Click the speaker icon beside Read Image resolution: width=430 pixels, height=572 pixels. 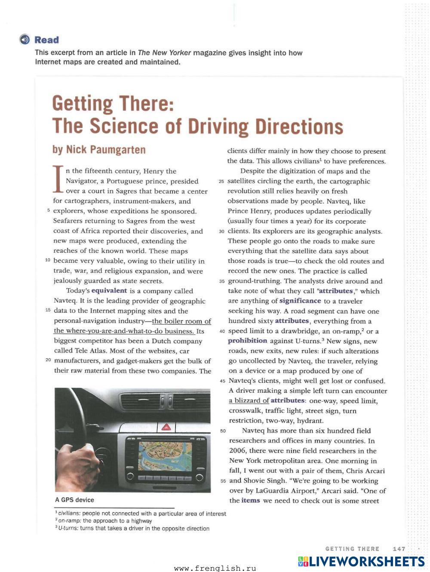click(x=25, y=40)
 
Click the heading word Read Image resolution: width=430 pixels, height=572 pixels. click(x=46, y=40)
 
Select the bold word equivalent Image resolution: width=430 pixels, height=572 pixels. click(x=109, y=291)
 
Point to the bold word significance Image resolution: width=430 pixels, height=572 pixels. click(x=300, y=301)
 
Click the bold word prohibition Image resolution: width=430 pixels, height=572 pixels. click(x=248, y=341)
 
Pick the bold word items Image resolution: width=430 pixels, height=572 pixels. click(x=251, y=500)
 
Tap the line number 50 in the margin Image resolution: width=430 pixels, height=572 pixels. click(x=223, y=431)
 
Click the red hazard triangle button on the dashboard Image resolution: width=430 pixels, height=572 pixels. click(x=166, y=427)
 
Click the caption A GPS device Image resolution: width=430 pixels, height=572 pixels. click(x=74, y=500)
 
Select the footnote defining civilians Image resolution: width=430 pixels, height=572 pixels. click(x=141, y=514)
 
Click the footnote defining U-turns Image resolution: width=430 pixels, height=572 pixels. click(x=133, y=529)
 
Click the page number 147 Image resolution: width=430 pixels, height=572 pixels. click(x=399, y=549)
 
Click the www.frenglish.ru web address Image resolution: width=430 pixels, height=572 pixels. click(x=215, y=568)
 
